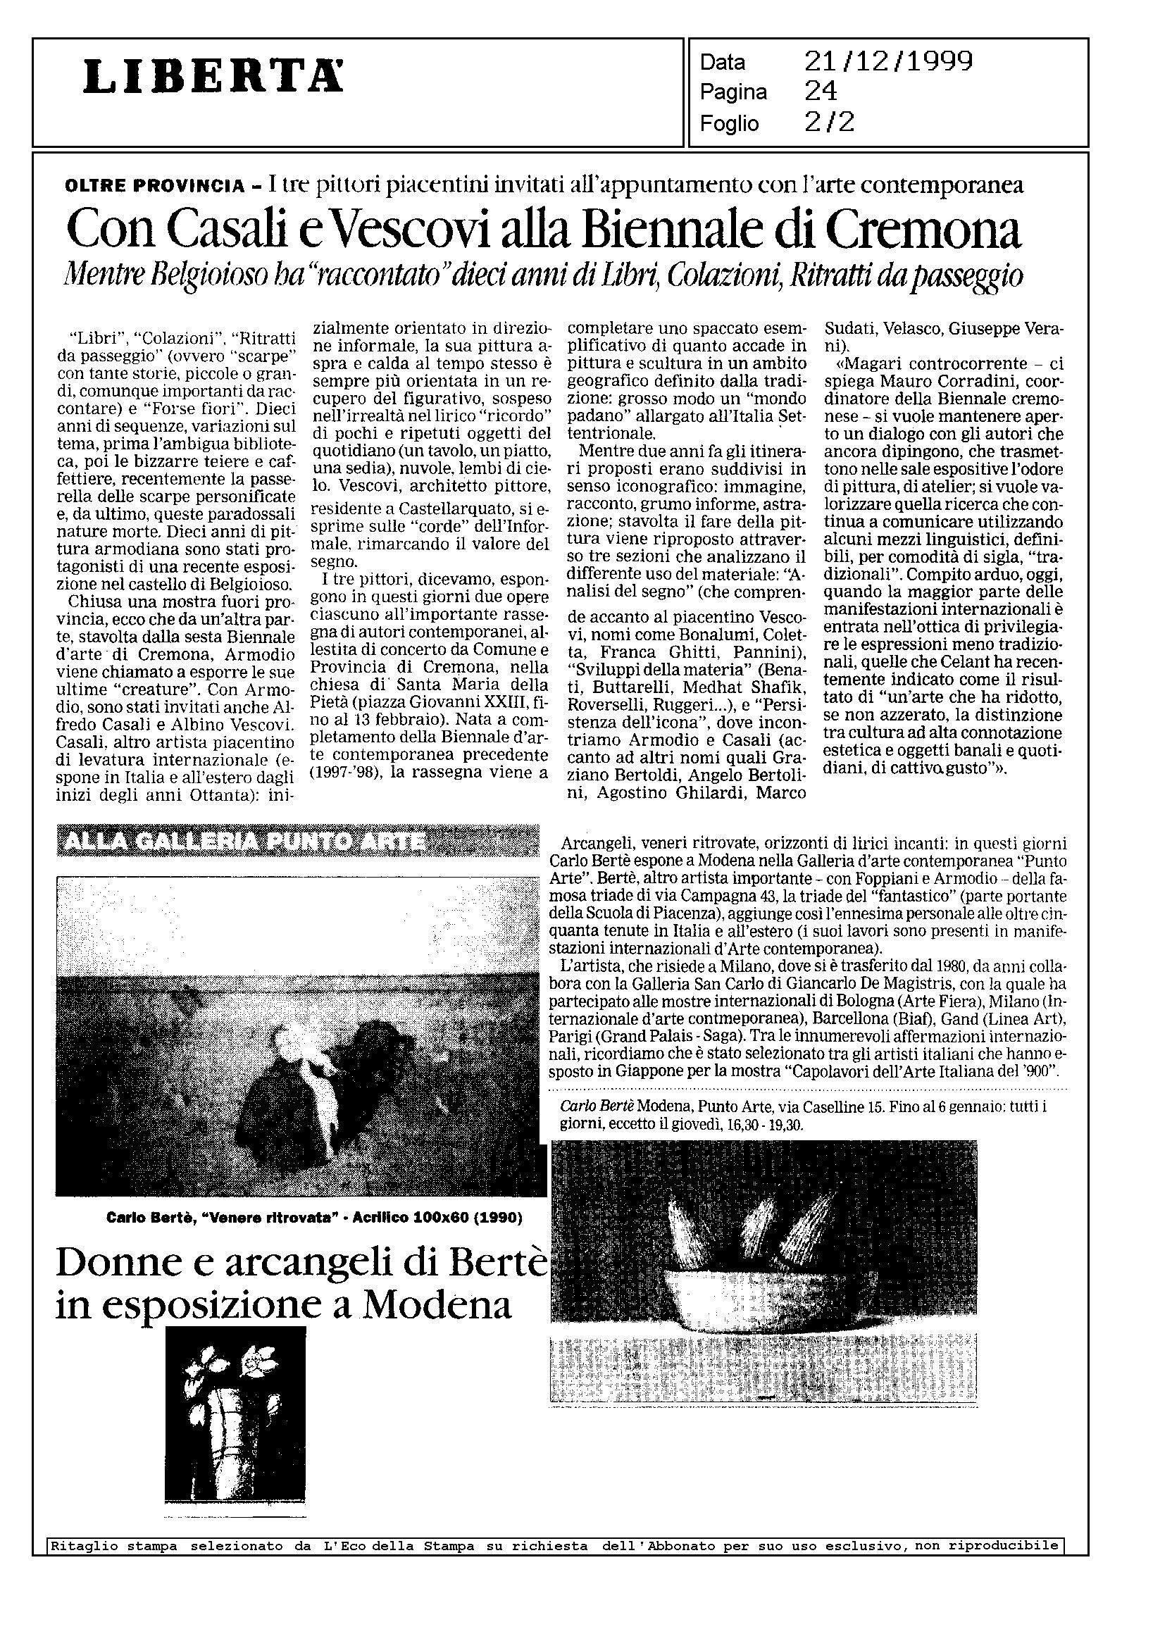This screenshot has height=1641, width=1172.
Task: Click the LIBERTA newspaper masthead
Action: (213, 77)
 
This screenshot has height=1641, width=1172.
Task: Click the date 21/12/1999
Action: (888, 61)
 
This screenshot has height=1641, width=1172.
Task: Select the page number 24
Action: (821, 92)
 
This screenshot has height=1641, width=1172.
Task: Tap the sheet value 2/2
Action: (829, 123)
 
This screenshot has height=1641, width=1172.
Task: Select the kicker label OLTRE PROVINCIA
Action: (154, 186)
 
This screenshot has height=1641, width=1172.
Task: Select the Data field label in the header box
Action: (723, 63)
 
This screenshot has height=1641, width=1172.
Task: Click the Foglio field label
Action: (730, 124)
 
